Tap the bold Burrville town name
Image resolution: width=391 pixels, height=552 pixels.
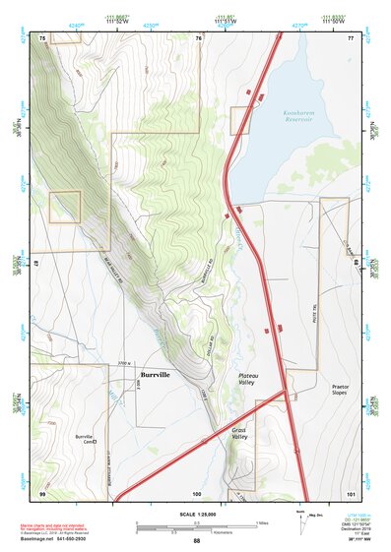click(x=157, y=375)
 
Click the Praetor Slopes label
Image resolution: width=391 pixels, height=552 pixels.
click(x=340, y=391)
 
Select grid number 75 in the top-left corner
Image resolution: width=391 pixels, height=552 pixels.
click(x=42, y=37)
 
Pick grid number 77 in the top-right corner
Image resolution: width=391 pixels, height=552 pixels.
click(x=350, y=37)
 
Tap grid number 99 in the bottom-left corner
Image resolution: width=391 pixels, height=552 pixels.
click(x=42, y=492)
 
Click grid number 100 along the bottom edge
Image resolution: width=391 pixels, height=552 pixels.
click(x=197, y=492)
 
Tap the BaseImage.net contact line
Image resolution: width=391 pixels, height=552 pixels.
click(x=63, y=538)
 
